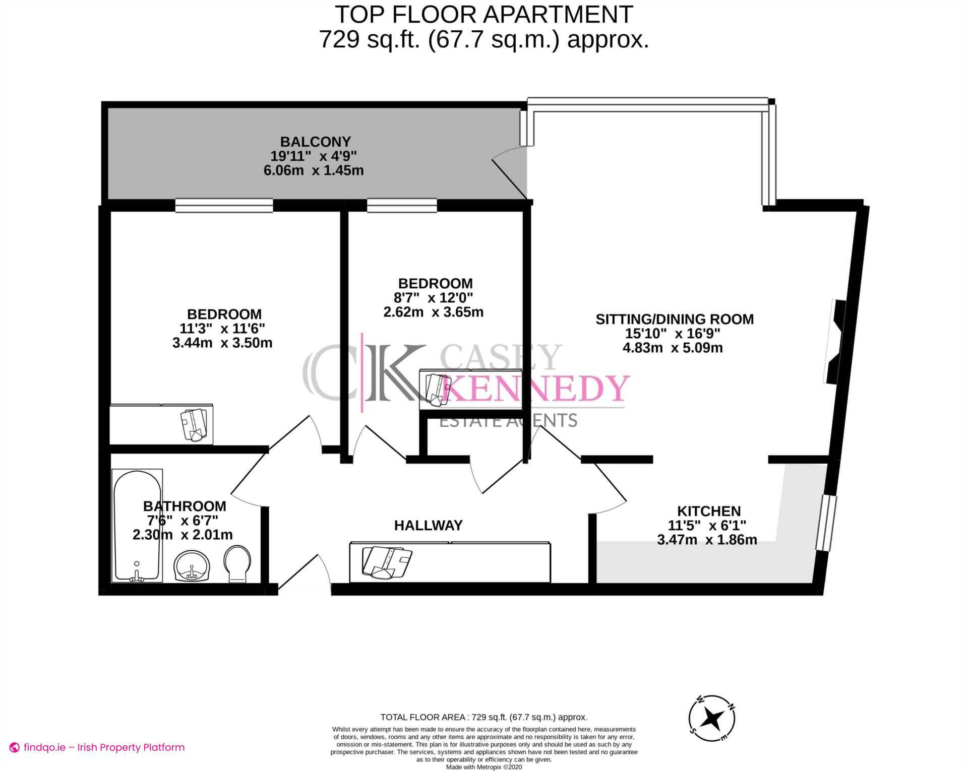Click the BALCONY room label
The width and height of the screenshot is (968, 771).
click(x=315, y=142)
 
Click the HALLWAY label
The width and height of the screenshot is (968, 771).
click(x=428, y=526)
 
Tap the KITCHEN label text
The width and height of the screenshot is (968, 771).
click(x=708, y=511)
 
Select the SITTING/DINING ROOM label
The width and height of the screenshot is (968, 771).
click(x=674, y=319)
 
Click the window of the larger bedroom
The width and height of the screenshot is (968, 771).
click(x=224, y=205)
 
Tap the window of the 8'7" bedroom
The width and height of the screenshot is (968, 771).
click(x=402, y=205)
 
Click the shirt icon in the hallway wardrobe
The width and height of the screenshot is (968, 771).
click(x=387, y=561)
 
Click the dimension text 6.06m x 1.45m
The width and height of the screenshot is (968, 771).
click(x=314, y=170)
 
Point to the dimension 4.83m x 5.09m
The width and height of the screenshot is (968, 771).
click(x=673, y=348)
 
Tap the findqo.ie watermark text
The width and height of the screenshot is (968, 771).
click(x=104, y=747)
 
